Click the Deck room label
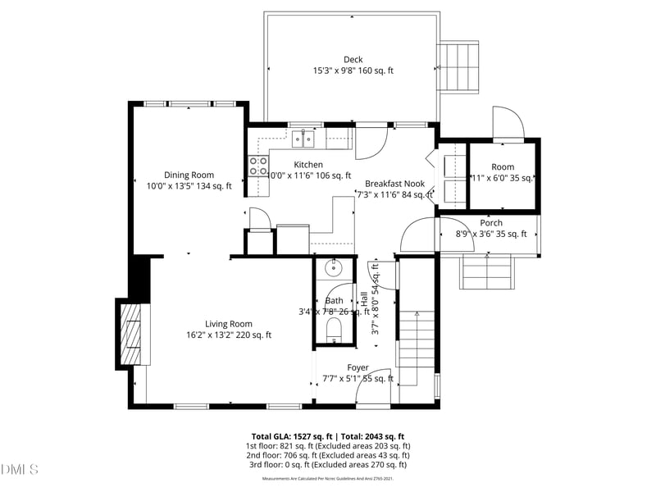coord(353,59)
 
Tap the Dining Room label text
coord(189,175)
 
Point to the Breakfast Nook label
coord(394,184)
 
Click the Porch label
coord(491,223)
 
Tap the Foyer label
coord(358,367)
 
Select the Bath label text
coord(334,300)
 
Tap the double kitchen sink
coord(303,139)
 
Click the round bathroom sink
coord(334,269)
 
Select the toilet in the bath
coord(334,330)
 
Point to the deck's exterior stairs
coord(458,67)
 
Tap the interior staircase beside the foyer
coord(417,338)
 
